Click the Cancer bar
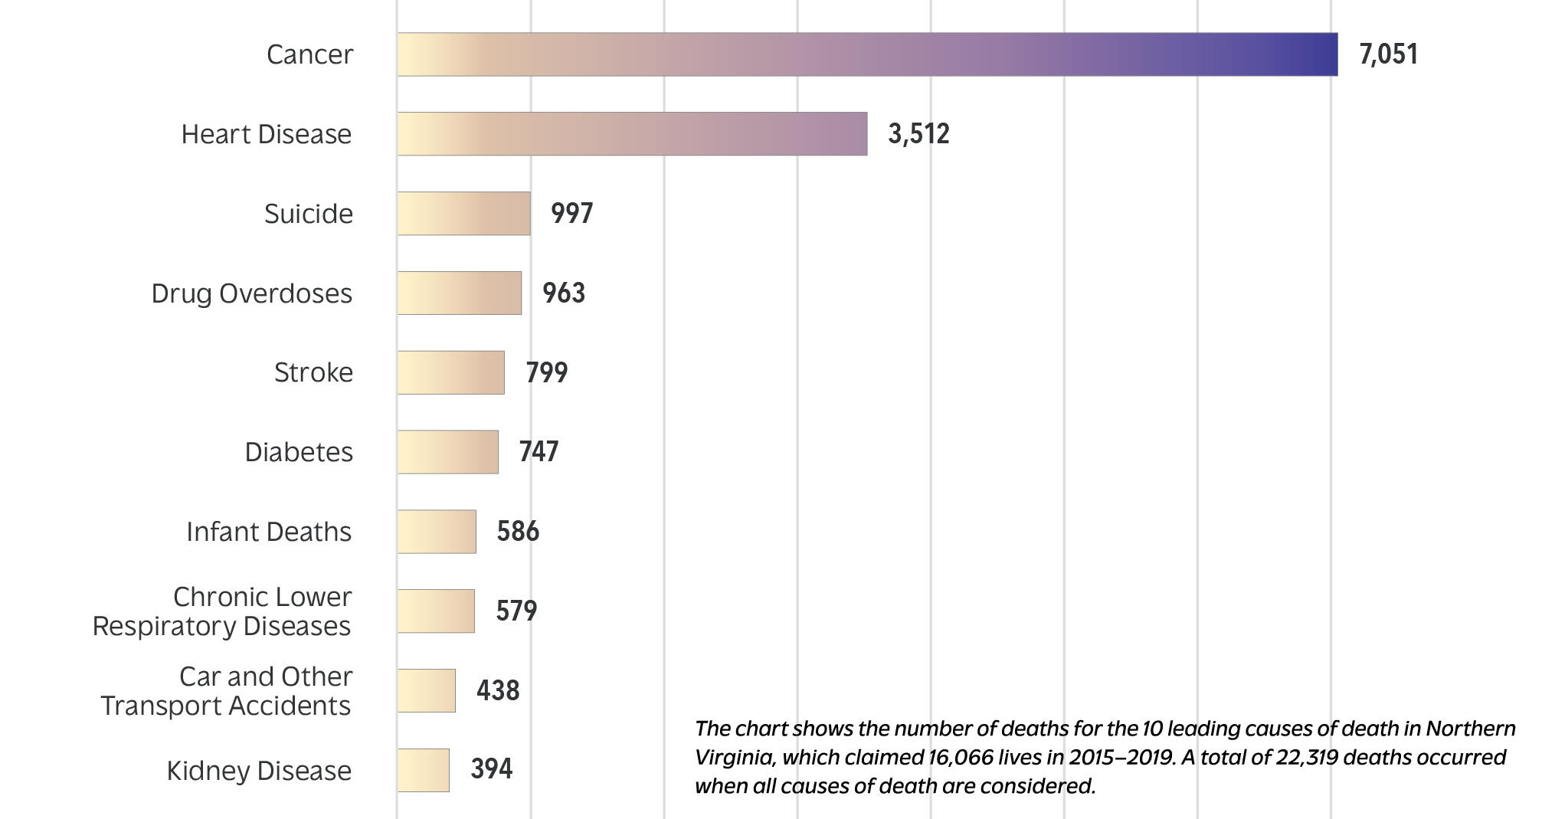pyautogui.click(x=867, y=54)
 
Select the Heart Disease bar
pyautogui.click(x=632, y=134)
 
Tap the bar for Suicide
pyautogui.click(x=463, y=213)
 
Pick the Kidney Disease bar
pyautogui.click(x=423, y=770)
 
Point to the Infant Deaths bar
pyautogui.click(x=437, y=532)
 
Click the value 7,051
pyautogui.click(x=1388, y=54)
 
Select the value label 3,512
pyautogui.click(x=918, y=134)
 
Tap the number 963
pyautogui.click(x=564, y=293)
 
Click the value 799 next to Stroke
pyautogui.click(x=546, y=372)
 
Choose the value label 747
pyautogui.click(x=539, y=452)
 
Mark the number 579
pyautogui.click(x=516, y=611)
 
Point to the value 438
pyautogui.click(x=498, y=690)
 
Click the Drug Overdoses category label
pyautogui.click(x=251, y=293)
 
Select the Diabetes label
pyautogui.click(x=299, y=452)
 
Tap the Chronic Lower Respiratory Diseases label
pyautogui.click(x=222, y=611)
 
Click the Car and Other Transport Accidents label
pyautogui.click(x=226, y=691)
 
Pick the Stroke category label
pyautogui.click(x=313, y=372)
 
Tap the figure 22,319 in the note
pyautogui.click(x=1307, y=758)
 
